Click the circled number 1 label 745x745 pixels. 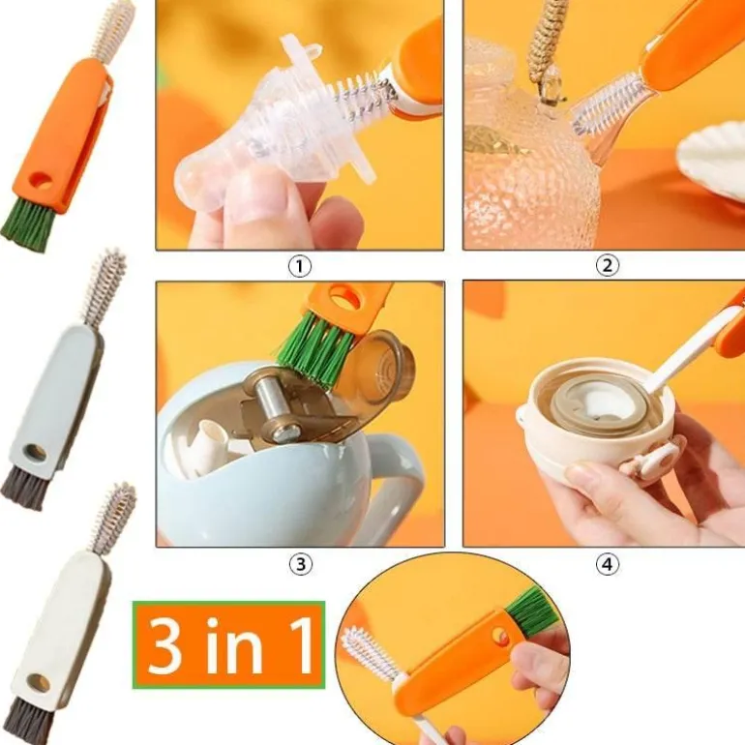point(300,266)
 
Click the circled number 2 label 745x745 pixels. point(608,265)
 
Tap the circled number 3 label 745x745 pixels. point(301,564)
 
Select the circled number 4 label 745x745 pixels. point(608,564)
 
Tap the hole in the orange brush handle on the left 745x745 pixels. point(41,181)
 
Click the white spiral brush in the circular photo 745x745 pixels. point(369,654)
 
